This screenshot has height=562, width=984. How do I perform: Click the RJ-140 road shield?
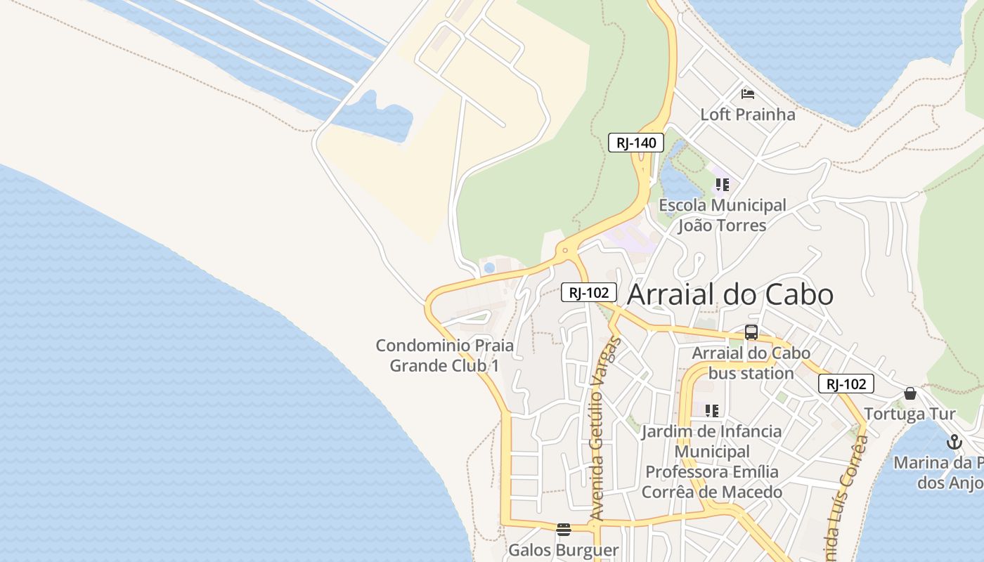click(635, 143)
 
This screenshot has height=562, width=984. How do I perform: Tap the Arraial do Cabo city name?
click(730, 294)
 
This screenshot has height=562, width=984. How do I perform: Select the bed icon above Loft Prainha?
click(747, 93)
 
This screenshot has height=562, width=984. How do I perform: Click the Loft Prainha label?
click(747, 115)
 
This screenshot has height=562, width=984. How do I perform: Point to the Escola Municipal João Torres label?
click(722, 216)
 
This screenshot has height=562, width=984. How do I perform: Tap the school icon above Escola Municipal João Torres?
click(722, 185)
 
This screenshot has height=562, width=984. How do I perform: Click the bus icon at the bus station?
click(751, 332)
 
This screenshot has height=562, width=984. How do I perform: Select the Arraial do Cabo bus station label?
click(751, 362)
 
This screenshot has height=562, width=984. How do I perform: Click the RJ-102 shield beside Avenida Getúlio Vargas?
click(588, 292)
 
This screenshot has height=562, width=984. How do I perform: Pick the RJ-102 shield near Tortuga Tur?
click(846, 384)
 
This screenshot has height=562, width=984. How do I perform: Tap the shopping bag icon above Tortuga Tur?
click(910, 393)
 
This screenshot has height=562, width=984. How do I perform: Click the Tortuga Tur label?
click(909, 414)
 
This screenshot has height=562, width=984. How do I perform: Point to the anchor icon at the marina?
click(954, 442)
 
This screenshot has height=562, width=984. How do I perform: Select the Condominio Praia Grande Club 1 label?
click(445, 355)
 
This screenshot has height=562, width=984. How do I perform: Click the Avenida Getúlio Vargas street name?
click(605, 429)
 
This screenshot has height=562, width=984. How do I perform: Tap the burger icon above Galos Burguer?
click(563, 529)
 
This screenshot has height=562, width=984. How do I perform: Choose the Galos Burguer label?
click(563, 550)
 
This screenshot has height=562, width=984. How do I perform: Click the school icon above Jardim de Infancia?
click(711, 410)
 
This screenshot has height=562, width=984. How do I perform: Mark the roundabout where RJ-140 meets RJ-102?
click(564, 250)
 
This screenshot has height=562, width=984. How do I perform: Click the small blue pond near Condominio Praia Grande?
click(489, 268)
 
